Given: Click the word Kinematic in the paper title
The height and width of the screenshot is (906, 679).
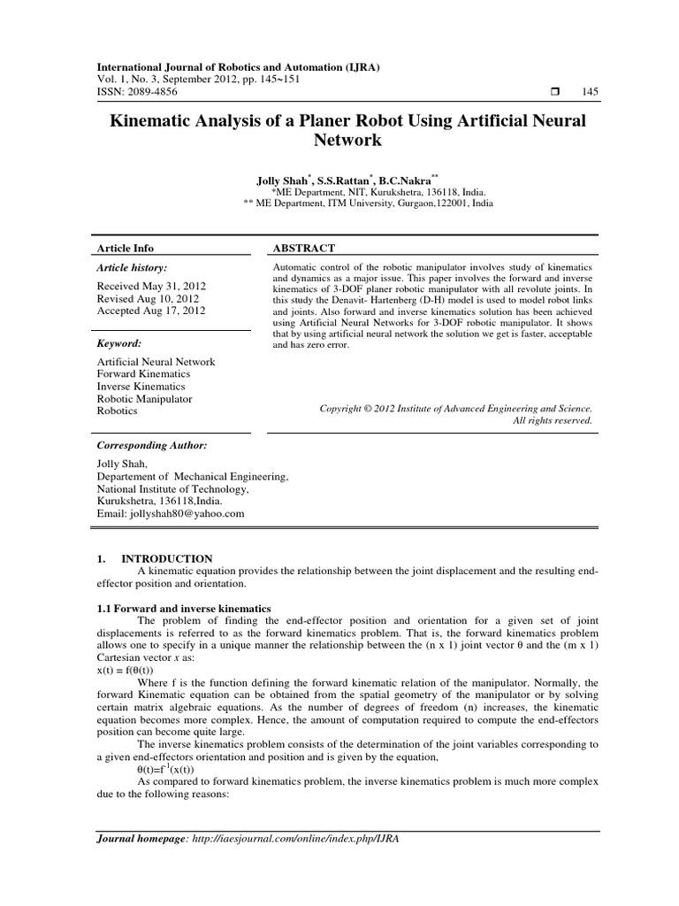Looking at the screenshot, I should point(156,120).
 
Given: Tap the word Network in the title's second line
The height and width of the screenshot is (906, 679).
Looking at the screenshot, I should point(347,140).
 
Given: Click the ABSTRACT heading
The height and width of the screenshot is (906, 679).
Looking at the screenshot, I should point(303,249).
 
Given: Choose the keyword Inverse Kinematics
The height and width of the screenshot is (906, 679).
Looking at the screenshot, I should point(141,387).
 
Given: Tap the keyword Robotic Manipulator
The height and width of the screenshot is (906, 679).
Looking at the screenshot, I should point(144,399).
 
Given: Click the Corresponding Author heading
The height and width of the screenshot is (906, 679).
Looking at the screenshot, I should point(151,446).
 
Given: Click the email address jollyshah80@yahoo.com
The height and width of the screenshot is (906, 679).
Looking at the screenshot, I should point(170,513).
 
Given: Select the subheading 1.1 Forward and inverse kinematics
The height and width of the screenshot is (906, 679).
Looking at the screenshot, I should point(183,609).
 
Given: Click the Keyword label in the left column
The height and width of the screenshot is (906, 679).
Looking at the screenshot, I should point(118,342).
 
